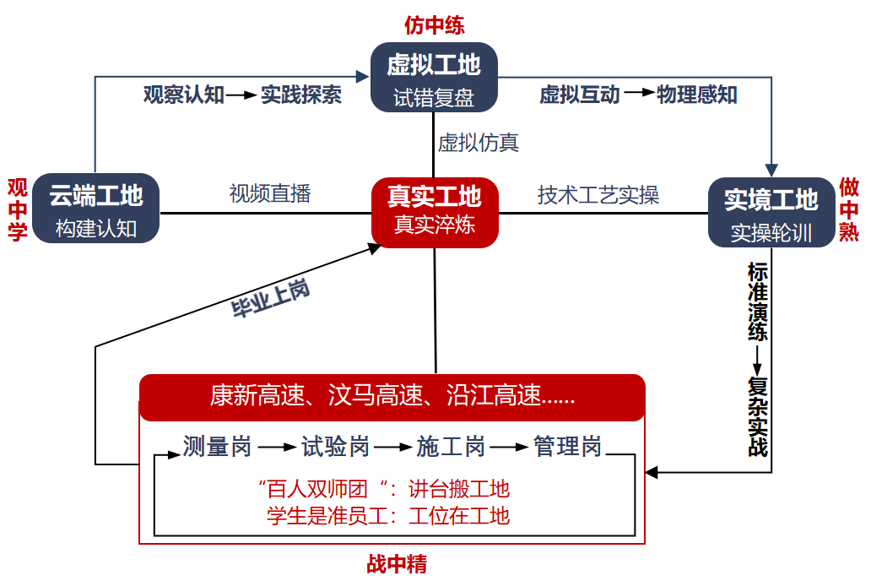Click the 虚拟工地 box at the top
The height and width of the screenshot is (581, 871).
[434, 77]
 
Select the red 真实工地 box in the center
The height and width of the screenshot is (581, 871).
[435, 212]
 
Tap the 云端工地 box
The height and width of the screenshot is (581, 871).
[96, 209]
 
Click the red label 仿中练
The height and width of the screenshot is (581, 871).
[435, 24]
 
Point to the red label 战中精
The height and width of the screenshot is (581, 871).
[397, 563]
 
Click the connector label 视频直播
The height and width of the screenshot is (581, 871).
[270, 193]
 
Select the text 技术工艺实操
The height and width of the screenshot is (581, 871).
[598, 195]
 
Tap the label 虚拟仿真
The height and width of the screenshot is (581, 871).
[478, 142]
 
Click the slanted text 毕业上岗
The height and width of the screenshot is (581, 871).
[271, 300]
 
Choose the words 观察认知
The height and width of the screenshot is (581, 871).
[183, 95]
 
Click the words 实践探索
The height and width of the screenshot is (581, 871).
[300, 95]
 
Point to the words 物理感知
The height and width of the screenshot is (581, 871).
[696, 95]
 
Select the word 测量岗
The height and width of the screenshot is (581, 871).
[217, 446]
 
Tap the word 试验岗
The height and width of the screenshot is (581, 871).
[336, 446]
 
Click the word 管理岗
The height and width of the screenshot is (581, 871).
[567, 446]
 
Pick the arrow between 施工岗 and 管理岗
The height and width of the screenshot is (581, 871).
[509, 446]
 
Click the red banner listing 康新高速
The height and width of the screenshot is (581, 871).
[392, 396]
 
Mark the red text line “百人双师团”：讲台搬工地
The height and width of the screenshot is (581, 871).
[384, 489]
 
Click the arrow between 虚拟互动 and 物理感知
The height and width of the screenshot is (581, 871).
[639, 95]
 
